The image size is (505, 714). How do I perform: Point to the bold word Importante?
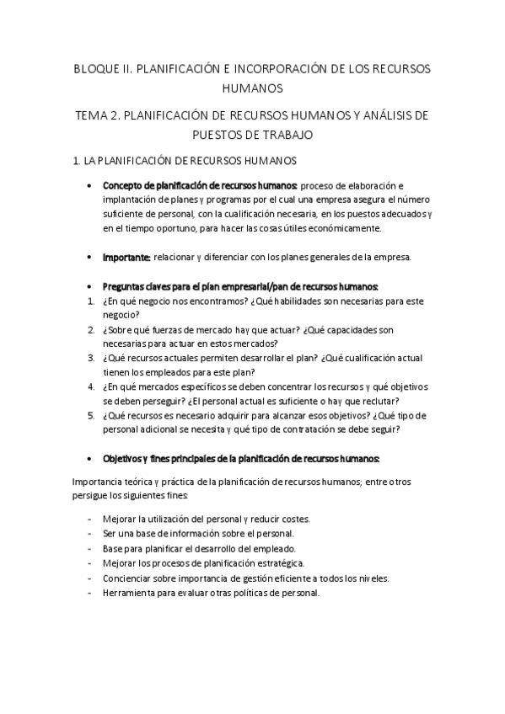tap(126, 257)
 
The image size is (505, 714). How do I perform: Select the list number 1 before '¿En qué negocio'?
tap(90, 301)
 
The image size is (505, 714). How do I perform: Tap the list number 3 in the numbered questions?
tap(90, 357)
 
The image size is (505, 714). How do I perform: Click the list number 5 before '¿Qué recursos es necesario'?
tap(90, 414)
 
